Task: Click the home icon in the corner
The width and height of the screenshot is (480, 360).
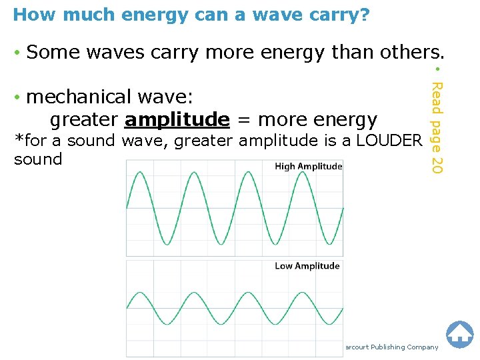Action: point(459,335)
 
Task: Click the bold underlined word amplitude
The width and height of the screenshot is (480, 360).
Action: point(177,119)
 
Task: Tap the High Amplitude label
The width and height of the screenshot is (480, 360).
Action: point(308,167)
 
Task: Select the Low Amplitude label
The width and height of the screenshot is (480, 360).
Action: point(307,266)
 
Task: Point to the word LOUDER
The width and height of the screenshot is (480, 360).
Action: point(389,141)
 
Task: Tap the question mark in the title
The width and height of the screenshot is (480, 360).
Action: point(364,15)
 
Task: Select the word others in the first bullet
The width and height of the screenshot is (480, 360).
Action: point(409,52)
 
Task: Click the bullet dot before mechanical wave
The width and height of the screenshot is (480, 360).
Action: point(17,98)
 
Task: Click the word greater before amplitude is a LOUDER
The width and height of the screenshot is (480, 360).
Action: point(205,141)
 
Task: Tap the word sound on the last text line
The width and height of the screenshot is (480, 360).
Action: point(37,159)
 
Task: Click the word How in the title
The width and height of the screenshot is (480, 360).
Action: point(29,15)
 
